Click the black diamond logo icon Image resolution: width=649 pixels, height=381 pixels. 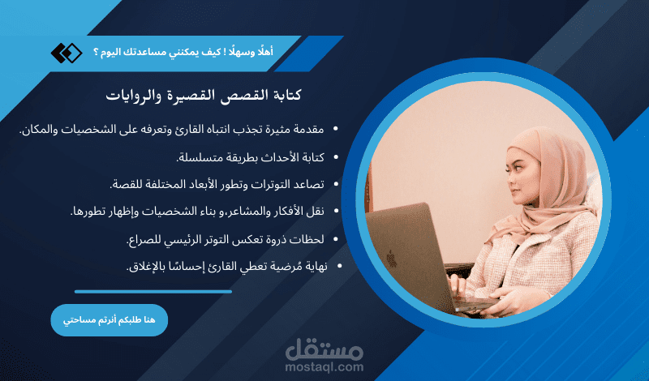click(67, 54)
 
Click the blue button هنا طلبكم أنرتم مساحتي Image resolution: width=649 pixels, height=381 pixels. click(109, 320)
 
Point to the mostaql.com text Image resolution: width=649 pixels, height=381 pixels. click(325, 366)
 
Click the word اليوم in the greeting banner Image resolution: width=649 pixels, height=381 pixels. click(112, 53)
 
